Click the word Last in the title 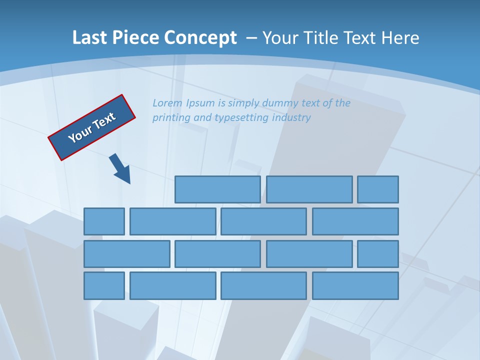[88, 38]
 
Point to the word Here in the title [400, 38]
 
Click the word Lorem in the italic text [167, 103]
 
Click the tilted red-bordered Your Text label [92, 127]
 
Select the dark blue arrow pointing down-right [120, 168]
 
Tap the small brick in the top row [378, 189]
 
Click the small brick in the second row [104, 221]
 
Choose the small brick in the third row [378, 254]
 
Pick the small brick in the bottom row [104, 286]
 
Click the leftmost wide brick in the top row [217, 189]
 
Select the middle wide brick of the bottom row [263, 286]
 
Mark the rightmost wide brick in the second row [355, 221]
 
